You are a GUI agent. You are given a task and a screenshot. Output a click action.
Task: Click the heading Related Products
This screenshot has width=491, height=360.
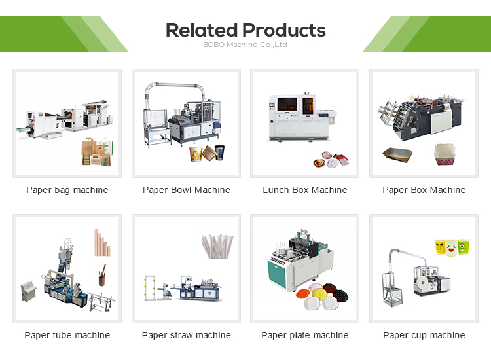pos(245,30)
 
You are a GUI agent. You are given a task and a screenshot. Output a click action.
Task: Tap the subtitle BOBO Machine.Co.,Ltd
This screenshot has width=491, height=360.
pos(245,45)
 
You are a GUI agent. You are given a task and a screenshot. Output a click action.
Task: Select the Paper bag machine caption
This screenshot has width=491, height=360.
pos(67,190)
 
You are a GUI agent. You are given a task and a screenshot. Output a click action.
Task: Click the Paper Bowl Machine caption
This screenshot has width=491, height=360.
pos(187,190)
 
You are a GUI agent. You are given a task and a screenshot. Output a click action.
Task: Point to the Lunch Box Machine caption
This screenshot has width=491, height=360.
pos(305,190)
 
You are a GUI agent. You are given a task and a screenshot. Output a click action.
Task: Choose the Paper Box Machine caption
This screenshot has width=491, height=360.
pos(424,190)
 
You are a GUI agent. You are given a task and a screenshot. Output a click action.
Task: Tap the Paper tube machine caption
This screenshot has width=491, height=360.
pos(67,335)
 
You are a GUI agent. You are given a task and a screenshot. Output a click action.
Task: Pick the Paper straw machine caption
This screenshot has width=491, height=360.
pos(187,335)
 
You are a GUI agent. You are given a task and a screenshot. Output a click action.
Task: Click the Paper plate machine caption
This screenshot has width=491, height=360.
pos(305,335)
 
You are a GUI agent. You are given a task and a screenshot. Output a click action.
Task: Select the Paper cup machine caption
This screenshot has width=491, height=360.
pos(424,335)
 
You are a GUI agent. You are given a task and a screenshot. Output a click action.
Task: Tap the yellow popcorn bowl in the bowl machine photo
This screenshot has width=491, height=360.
pos(194,154)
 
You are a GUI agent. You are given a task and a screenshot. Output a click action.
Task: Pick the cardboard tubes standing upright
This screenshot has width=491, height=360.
pos(101,244)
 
